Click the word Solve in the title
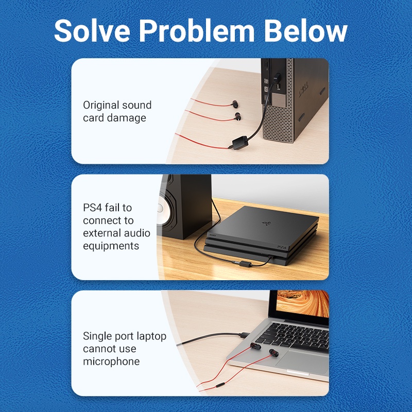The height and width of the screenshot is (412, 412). tap(92, 30)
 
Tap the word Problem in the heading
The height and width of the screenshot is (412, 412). tap(197, 30)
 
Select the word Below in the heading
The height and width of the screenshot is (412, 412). tap(305, 30)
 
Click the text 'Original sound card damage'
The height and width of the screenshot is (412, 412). tap(117, 111)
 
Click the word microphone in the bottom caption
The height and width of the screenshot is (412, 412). tap(111, 362)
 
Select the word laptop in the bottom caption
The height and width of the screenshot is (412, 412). tap(151, 337)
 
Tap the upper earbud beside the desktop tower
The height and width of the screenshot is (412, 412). tap(235, 105)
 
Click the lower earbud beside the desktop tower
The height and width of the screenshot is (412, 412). tap(237, 117)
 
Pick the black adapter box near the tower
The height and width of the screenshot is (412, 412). tap(240, 143)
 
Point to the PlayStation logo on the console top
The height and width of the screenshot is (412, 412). tap(266, 224)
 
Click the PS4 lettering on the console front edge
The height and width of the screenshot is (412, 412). tap(282, 248)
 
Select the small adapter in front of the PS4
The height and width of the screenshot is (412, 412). tap(243, 263)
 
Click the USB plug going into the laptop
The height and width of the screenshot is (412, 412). tap(244, 335)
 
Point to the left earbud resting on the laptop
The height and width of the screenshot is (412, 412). tap(255, 346)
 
